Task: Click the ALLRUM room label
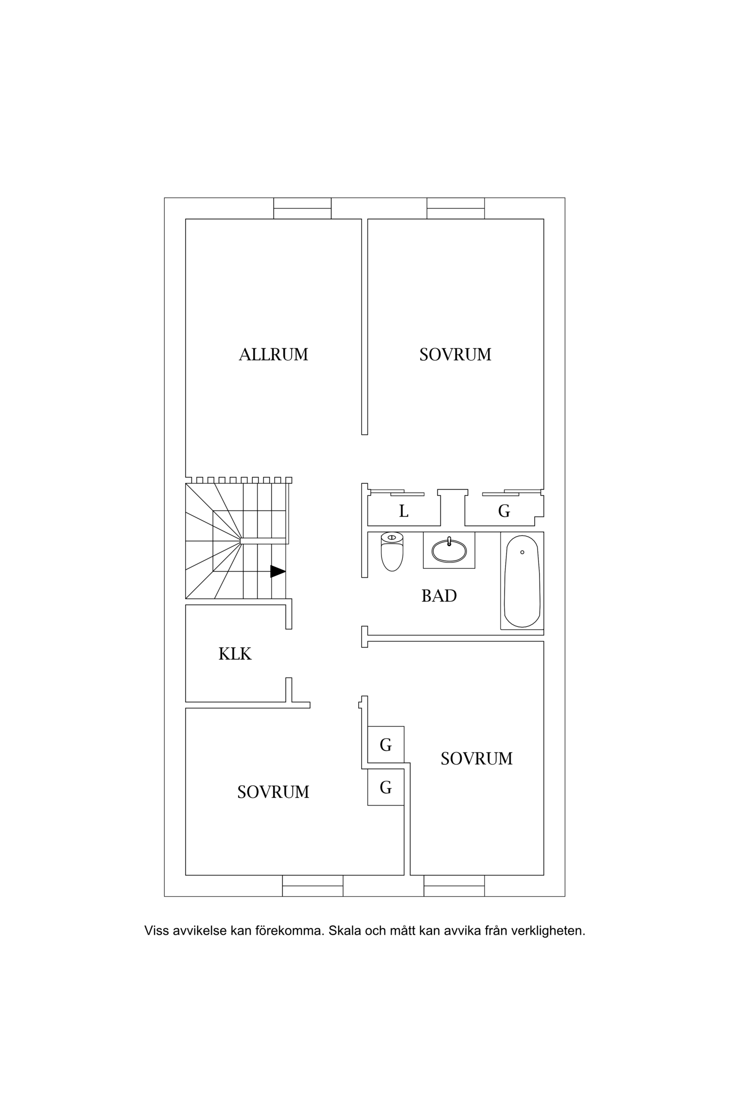pyautogui.click(x=274, y=354)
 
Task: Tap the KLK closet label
pyautogui.click(x=235, y=654)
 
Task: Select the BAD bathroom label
pyautogui.click(x=439, y=596)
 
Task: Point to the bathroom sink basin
pyautogui.click(x=449, y=550)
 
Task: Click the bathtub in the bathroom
pyautogui.click(x=522, y=581)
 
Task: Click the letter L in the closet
pyautogui.click(x=403, y=511)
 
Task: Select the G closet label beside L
pyautogui.click(x=504, y=511)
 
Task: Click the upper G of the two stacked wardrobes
pyautogui.click(x=386, y=744)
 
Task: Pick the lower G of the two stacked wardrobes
pyautogui.click(x=386, y=787)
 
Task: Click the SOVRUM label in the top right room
pyautogui.click(x=455, y=354)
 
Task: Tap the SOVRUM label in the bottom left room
pyautogui.click(x=273, y=792)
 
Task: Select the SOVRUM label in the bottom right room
pyautogui.click(x=477, y=759)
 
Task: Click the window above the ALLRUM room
pyautogui.click(x=302, y=209)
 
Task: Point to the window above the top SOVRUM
pyautogui.click(x=456, y=209)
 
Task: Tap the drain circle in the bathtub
pyautogui.click(x=522, y=552)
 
